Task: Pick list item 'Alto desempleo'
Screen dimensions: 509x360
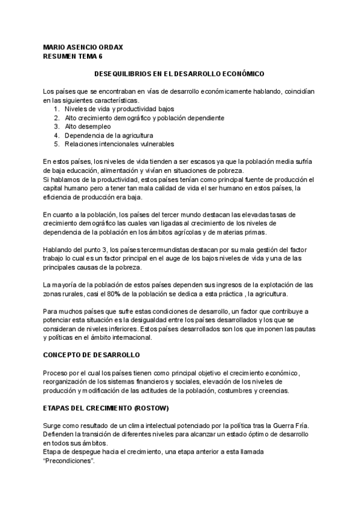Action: pyautogui.click(x=88, y=127)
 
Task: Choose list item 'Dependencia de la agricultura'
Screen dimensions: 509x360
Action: pyautogui.click(x=109, y=136)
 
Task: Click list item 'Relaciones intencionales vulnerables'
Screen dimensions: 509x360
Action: pyautogui.click(x=119, y=144)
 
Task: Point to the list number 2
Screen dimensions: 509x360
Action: pyautogui.click(x=56, y=118)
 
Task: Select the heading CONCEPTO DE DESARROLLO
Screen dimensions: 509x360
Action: pyautogui.click(x=91, y=355)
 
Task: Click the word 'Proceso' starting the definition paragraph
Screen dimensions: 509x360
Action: pyautogui.click(x=56, y=373)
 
